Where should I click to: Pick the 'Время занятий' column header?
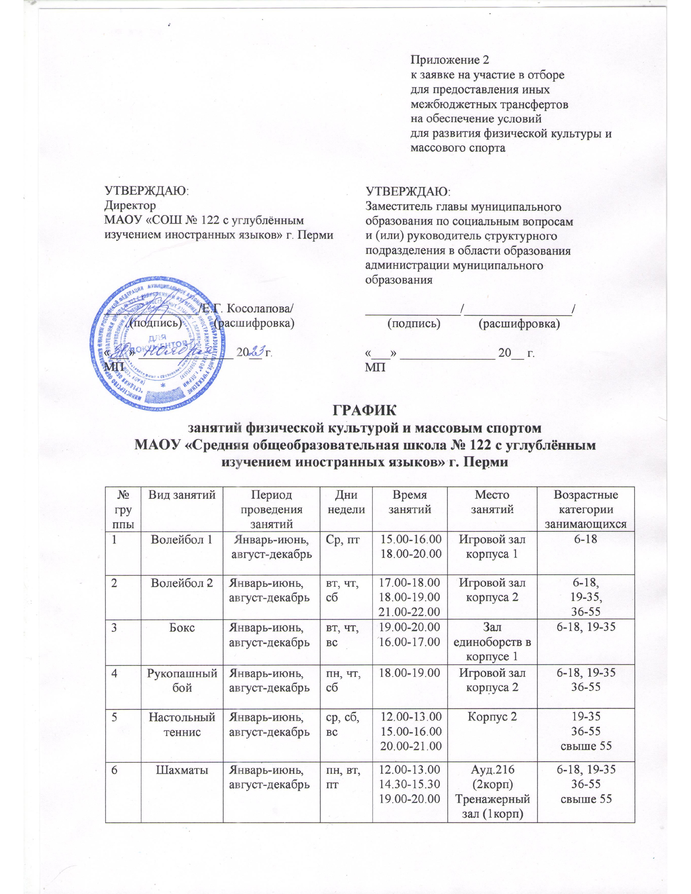click(410, 503)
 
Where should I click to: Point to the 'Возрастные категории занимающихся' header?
click(585, 510)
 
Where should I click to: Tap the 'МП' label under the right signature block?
click(375, 367)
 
